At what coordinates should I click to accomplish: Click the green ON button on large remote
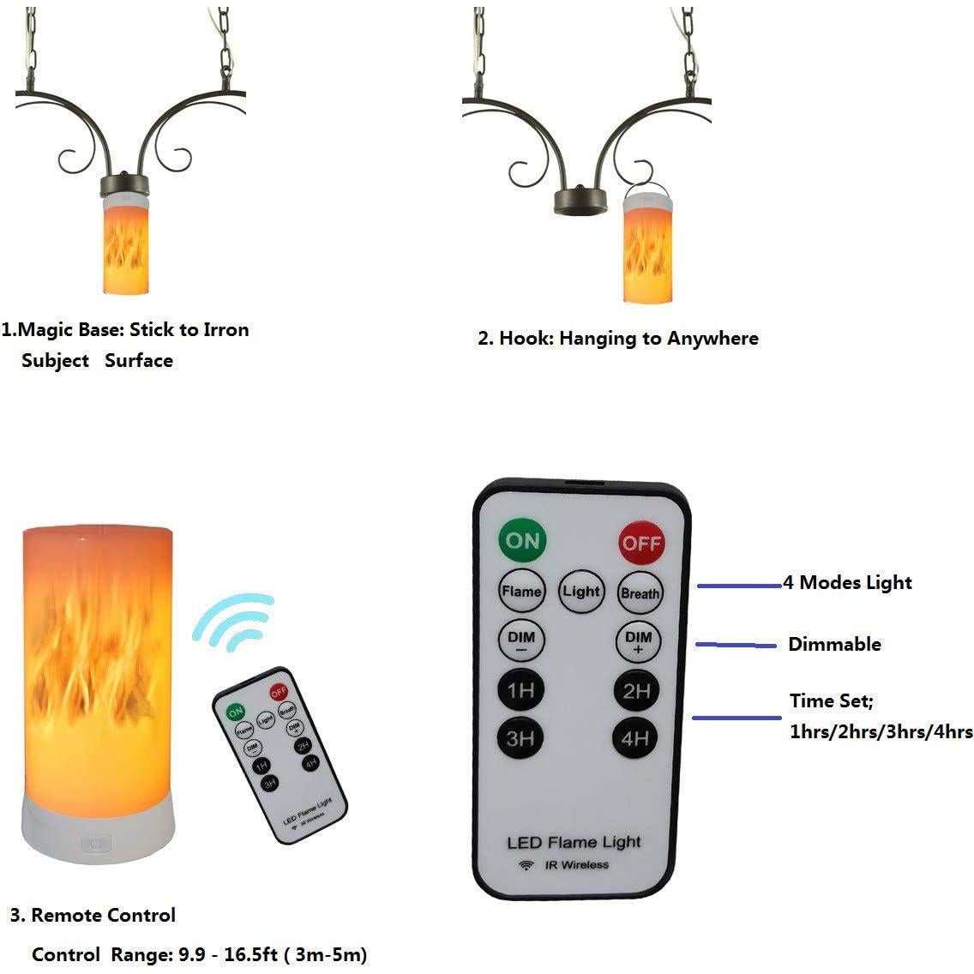pyautogui.click(x=522, y=540)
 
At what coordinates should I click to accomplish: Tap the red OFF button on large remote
pyautogui.click(x=641, y=542)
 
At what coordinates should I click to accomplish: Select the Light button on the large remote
pyautogui.click(x=581, y=591)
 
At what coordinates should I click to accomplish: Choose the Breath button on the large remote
pyautogui.click(x=640, y=592)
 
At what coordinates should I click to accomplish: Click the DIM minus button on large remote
pyautogui.click(x=521, y=640)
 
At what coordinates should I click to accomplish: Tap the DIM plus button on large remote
pyautogui.click(x=638, y=640)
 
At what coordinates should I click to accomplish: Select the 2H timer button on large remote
pyautogui.click(x=636, y=690)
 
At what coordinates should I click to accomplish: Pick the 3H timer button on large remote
pyautogui.click(x=520, y=737)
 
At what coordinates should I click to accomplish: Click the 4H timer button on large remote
pyautogui.click(x=635, y=737)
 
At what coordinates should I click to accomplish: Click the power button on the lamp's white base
pyautogui.click(x=95, y=843)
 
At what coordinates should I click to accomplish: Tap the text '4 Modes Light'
pyautogui.click(x=847, y=583)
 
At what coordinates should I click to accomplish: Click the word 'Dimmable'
pyautogui.click(x=834, y=644)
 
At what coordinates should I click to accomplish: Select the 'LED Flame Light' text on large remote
pyautogui.click(x=574, y=842)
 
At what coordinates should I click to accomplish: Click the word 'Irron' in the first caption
pyautogui.click(x=225, y=330)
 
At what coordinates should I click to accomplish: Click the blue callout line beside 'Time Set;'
pyautogui.click(x=736, y=718)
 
